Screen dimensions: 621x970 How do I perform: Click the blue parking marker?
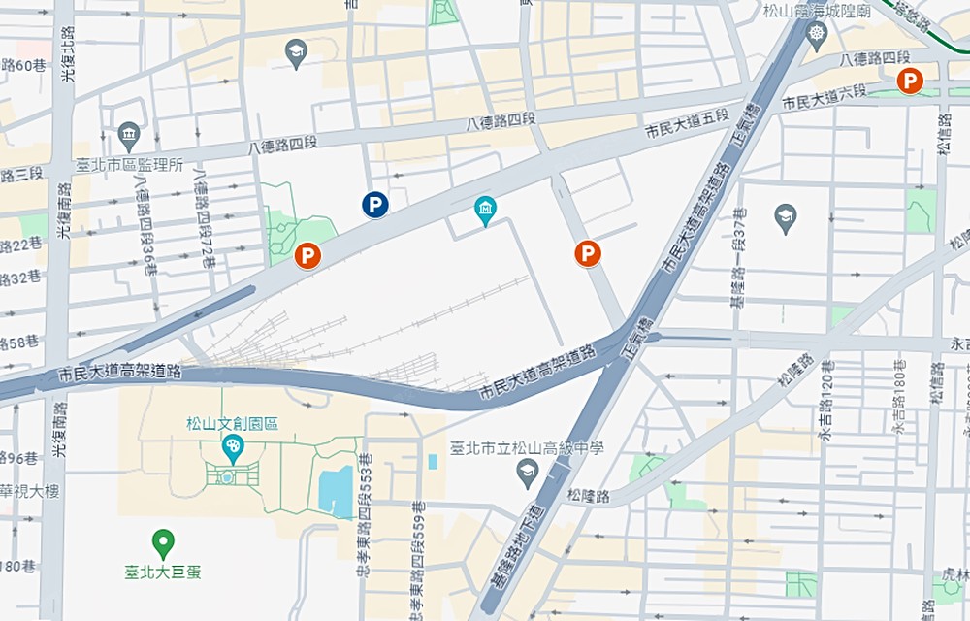[x=375, y=204]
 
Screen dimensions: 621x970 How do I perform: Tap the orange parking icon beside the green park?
[x=307, y=256]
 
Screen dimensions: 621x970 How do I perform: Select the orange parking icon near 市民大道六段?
[x=909, y=82]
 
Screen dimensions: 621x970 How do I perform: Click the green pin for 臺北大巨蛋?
[x=164, y=541]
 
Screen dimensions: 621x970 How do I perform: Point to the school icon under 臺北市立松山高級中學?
[x=528, y=473]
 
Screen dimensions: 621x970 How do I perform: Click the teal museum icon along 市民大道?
[x=485, y=208]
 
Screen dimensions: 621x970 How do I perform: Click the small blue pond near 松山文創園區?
[x=336, y=492]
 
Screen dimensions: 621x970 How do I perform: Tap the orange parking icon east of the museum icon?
[x=587, y=253]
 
